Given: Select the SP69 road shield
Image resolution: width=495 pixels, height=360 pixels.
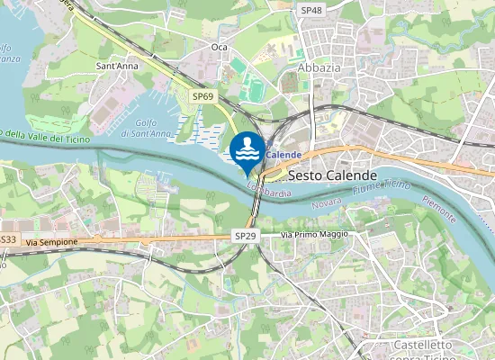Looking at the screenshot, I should pyautogui.click(x=202, y=95).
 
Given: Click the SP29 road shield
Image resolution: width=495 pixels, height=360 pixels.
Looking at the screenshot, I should pyautogui.click(x=245, y=236).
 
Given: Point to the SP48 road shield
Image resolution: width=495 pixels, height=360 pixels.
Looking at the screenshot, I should pyautogui.click(x=311, y=9).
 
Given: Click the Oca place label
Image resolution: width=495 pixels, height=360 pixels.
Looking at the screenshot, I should pyautogui.click(x=219, y=47).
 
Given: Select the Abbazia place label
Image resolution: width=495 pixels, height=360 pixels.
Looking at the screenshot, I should pyautogui.click(x=319, y=67).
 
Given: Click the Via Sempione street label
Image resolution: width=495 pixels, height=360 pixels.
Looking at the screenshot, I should pyautogui.click(x=53, y=242).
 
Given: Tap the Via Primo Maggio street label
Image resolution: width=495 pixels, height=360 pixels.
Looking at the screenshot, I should pyautogui.click(x=314, y=234).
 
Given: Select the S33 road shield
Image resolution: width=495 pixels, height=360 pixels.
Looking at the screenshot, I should pyautogui.click(x=8, y=239).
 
